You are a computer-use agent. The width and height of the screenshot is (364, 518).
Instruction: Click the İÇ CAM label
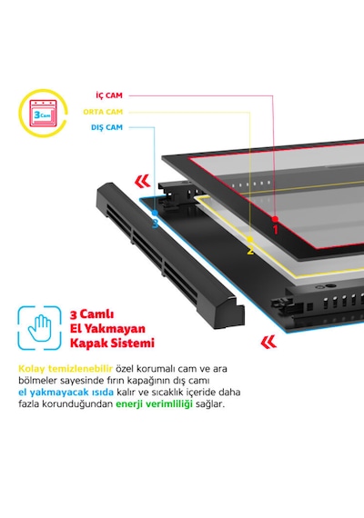click(x=109, y=95)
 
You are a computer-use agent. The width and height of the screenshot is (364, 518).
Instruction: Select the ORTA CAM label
click(x=103, y=112)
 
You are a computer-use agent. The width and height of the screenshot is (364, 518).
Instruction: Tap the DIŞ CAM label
click(x=106, y=127)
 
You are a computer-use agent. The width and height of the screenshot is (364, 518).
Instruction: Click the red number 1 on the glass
click(x=276, y=230)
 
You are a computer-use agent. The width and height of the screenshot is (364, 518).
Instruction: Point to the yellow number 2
click(x=250, y=250)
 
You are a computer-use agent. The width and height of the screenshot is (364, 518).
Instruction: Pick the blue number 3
click(x=156, y=224)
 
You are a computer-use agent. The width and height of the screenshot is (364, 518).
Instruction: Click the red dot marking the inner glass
click(x=275, y=219)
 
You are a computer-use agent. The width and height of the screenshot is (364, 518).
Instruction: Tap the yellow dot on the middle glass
click(x=250, y=239)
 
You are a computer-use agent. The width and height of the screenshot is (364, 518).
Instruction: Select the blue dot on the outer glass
click(x=155, y=213)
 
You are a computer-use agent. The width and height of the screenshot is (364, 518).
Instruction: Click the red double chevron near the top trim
click(x=143, y=182)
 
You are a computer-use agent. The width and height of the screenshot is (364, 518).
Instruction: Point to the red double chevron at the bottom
click(x=268, y=343)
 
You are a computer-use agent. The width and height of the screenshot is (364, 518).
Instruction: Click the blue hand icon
click(x=40, y=328)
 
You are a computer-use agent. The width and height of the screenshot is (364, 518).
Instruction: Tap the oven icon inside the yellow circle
click(x=43, y=114)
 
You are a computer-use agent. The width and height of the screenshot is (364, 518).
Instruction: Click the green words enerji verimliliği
click(x=154, y=403)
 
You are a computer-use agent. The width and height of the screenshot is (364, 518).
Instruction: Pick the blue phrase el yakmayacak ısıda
click(x=66, y=392)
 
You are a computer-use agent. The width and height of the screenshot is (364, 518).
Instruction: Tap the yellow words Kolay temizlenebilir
click(x=66, y=368)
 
